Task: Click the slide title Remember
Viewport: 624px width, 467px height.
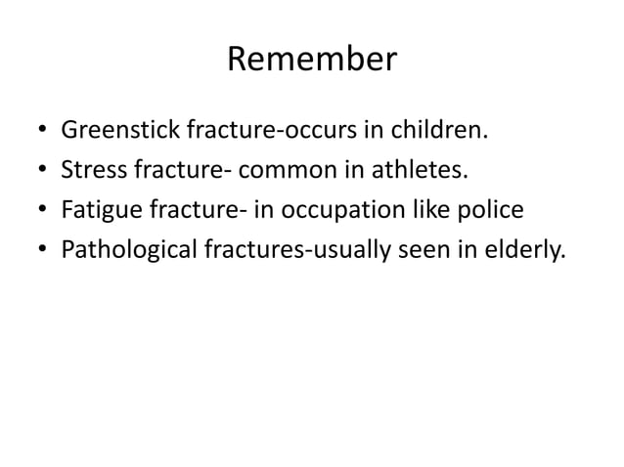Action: click(x=311, y=60)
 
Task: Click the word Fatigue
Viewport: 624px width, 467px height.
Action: click(x=98, y=210)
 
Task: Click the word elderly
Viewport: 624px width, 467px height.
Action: click(x=528, y=250)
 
